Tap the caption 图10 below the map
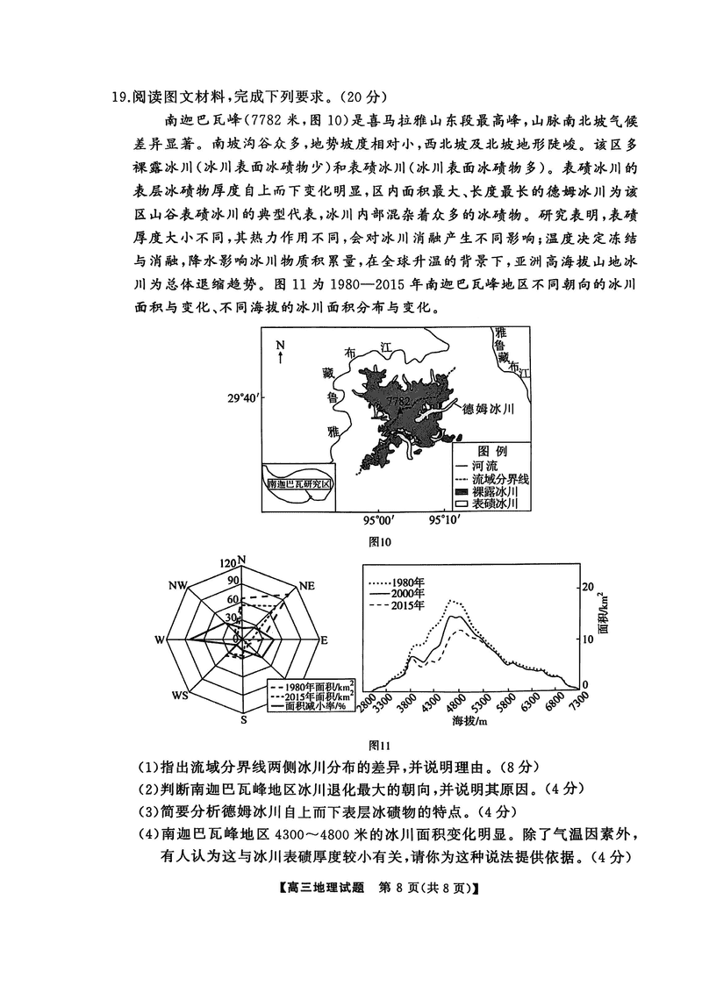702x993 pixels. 379,542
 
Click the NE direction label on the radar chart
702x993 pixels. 306,586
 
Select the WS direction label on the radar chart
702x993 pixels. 180,696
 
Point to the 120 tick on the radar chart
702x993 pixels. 227,563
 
